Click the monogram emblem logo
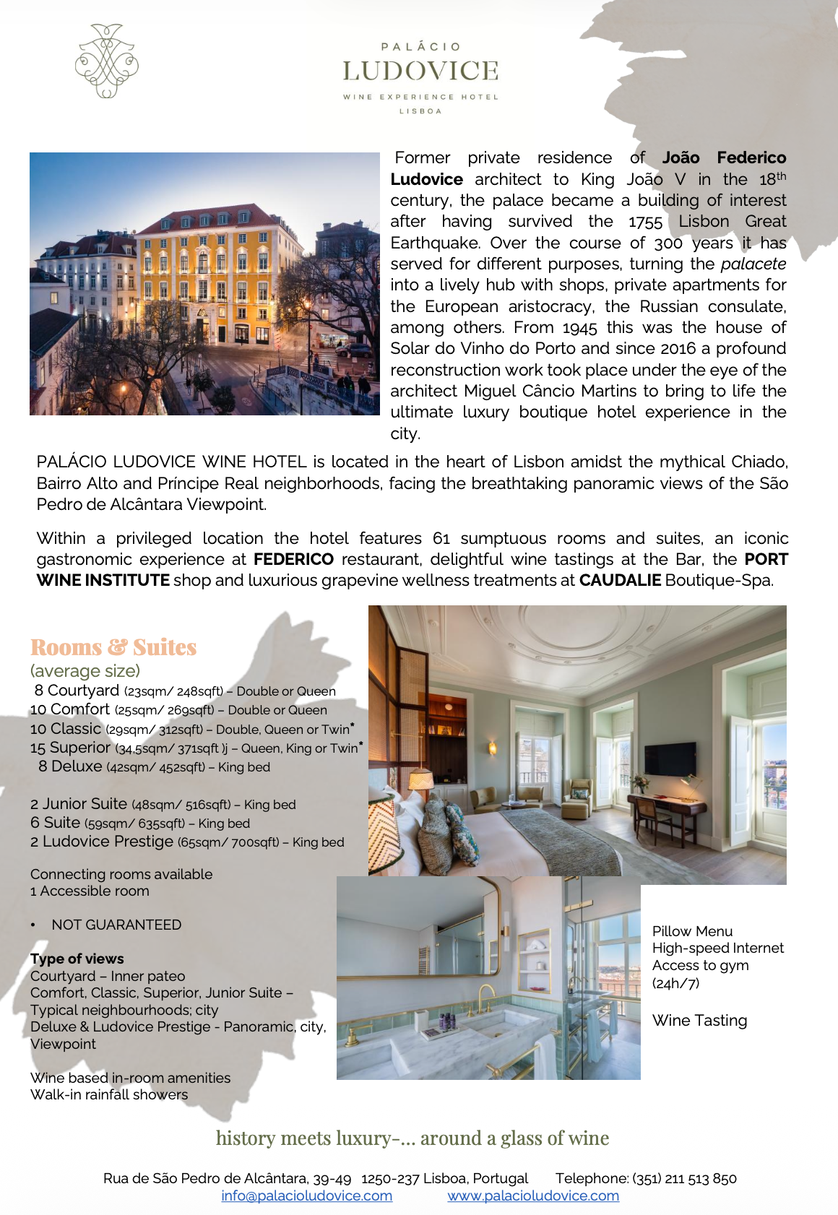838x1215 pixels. click(107, 61)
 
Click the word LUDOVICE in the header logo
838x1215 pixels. click(420, 71)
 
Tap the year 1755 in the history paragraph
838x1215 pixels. click(645, 222)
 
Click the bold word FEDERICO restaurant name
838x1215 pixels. click(293, 559)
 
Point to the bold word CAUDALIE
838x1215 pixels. click(620, 580)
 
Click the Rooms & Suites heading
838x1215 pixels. click(113, 647)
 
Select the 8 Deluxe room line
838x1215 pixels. click(154, 766)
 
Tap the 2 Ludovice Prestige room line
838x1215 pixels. click(187, 842)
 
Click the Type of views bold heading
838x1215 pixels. click(77, 959)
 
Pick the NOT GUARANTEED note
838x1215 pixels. click(116, 925)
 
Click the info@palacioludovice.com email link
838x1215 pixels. click(307, 1195)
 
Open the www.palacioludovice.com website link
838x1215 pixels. click(533, 1195)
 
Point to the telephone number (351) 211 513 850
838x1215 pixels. click(684, 1178)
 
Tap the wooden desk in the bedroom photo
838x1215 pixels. click(665, 804)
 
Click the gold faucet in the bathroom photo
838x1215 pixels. click(485, 999)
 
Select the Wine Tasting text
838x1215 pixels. click(699, 1020)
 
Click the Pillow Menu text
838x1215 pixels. click(692, 931)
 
